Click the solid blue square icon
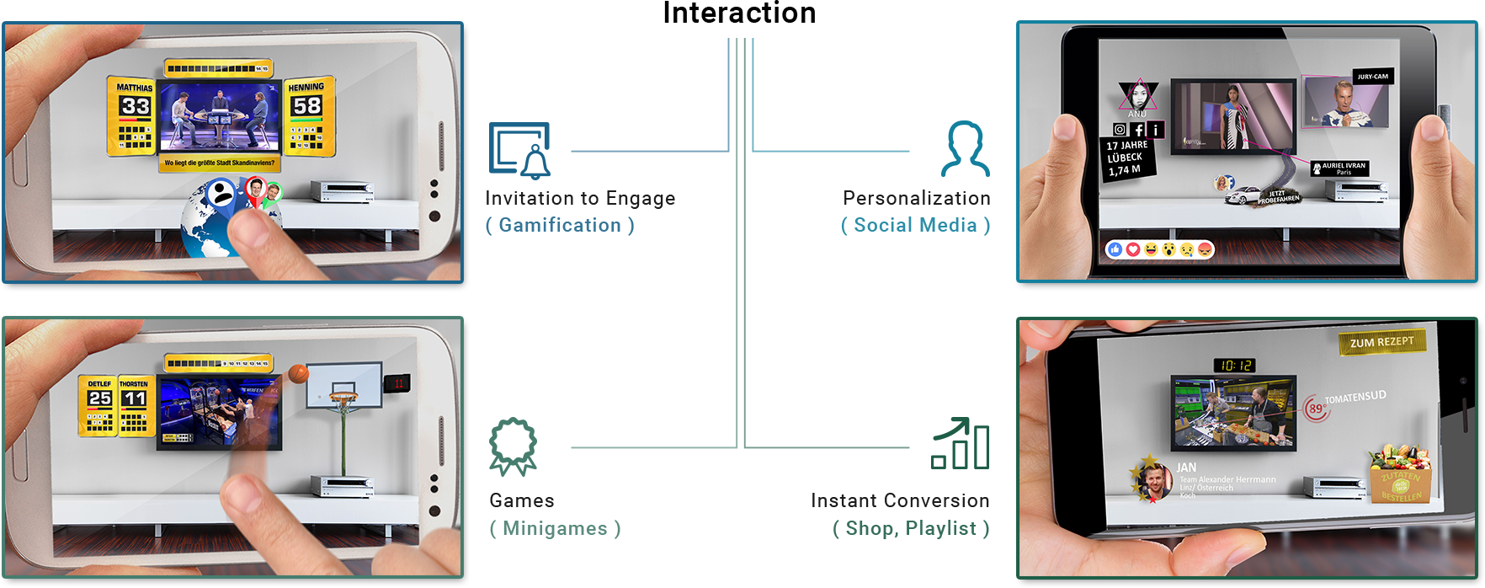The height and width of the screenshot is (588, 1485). (x=519, y=151)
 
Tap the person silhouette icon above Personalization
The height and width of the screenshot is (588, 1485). (x=965, y=149)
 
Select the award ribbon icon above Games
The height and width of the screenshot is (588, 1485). (x=513, y=446)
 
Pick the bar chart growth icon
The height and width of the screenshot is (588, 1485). (x=960, y=443)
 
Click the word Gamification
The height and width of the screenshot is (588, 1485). (x=560, y=225)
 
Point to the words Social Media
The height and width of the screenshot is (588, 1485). (x=915, y=225)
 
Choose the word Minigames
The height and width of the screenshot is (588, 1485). (x=555, y=528)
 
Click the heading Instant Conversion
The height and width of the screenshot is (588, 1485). (x=900, y=500)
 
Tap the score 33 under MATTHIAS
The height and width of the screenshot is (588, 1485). (x=135, y=106)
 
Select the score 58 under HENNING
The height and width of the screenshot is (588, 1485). (x=306, y=105)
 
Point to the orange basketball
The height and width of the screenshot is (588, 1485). (x=298, y=373)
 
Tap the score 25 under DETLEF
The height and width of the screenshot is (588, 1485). (x=99, y=398)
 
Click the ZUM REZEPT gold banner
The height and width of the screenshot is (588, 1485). (x=1381, y=342)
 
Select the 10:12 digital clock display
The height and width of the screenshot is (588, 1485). (x=1235, y=366)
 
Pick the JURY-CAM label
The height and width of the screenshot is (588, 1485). (x=1372, y=77)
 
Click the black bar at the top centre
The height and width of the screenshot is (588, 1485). (x=739, y=11)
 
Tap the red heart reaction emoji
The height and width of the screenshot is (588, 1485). (x=1133, y=249)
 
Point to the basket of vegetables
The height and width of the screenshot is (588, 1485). (x=1400, y=473)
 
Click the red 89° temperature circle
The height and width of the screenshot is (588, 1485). (x=1315, y=409)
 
